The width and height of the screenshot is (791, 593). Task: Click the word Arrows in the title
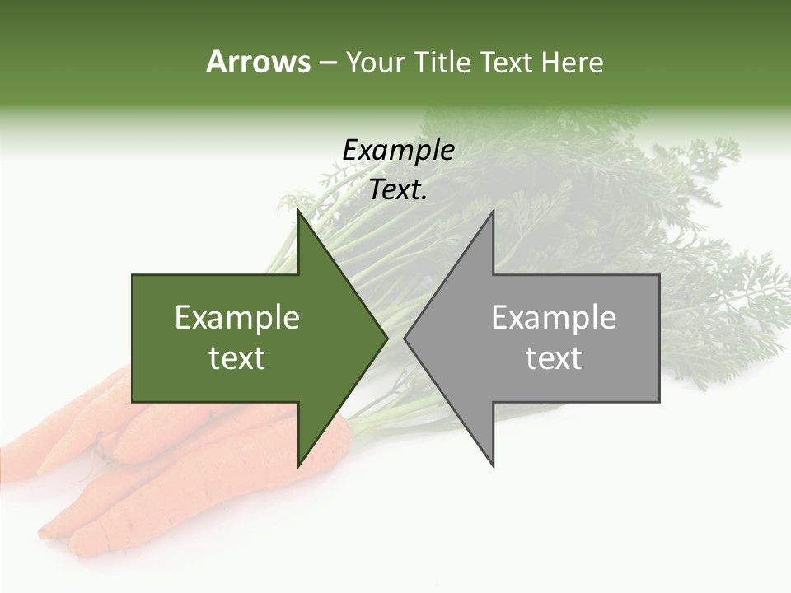pos(258,62)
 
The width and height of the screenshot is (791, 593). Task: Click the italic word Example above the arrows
pos(398,151)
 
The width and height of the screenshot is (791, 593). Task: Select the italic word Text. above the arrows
pos(398,190)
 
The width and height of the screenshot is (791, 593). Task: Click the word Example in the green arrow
pos(237,318)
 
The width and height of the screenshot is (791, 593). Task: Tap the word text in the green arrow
pos(237,358)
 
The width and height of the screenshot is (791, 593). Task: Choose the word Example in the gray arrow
pos(554,318)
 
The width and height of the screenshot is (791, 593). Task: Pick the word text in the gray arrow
pos(554,358)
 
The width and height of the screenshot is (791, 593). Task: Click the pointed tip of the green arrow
pos(387,338)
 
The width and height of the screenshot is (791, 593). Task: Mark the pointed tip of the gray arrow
pos(405,338)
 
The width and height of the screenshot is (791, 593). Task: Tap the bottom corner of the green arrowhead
pos(298,466)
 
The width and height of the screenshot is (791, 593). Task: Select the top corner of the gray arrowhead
pos(494,211)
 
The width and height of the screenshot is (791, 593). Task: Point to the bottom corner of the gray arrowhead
pos(494,466)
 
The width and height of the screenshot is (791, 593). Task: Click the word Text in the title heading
pos(508,63)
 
